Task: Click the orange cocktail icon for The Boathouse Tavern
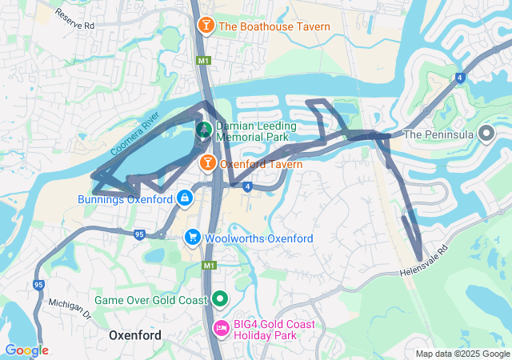(206, 27)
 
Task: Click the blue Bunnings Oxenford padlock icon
(185, 197)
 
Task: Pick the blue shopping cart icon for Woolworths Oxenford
(192, 238)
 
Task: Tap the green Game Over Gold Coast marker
(220, 299)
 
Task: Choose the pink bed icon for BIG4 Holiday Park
(221, 328)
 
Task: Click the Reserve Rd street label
(75, 20)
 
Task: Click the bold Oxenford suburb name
(134, 335)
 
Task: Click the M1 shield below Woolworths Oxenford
(209, 266)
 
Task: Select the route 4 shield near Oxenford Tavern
(248, 187)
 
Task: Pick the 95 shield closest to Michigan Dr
(38, 284)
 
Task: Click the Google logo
(26, 350)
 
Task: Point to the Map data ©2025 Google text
(462, 354)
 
